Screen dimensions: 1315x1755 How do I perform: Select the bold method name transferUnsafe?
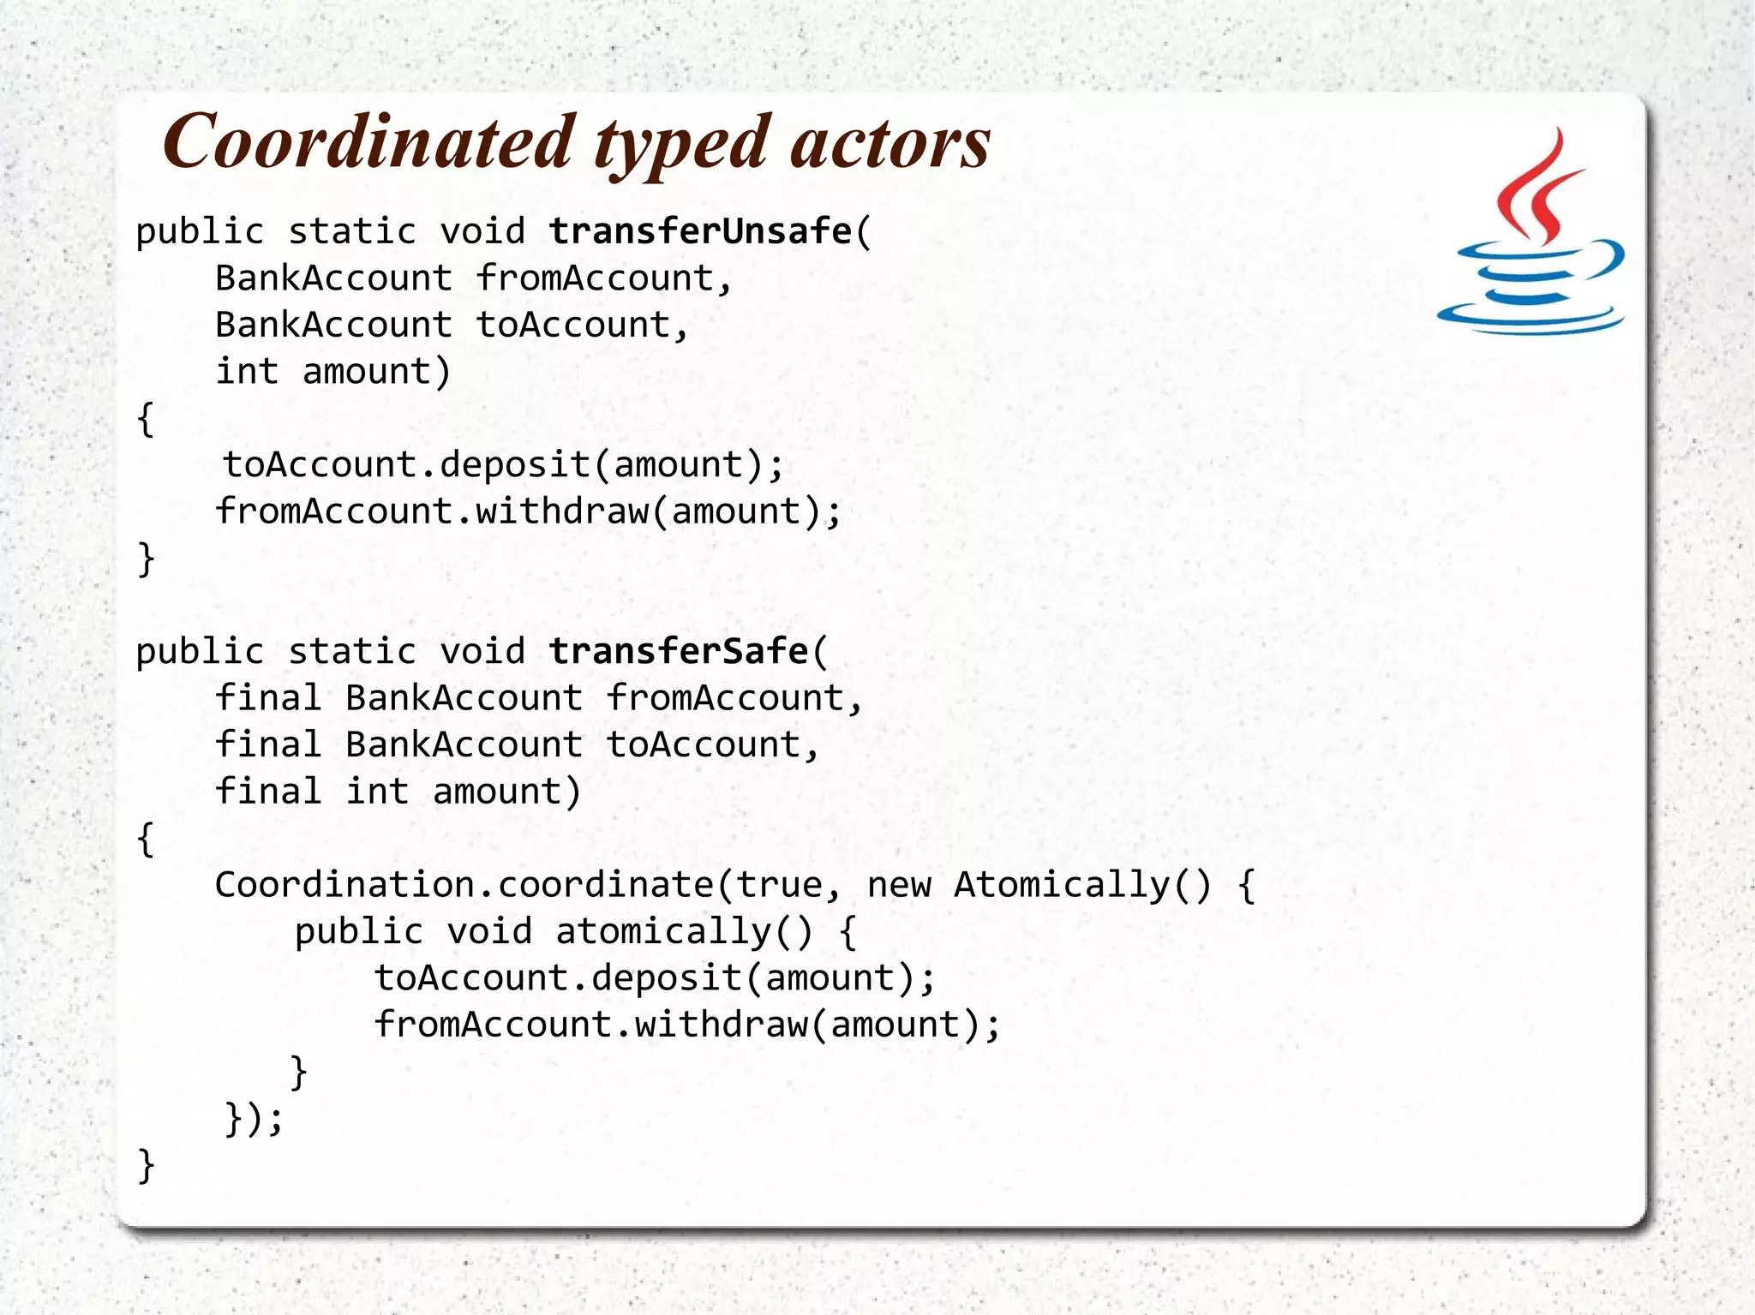700,231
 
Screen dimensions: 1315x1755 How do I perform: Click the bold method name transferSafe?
678,651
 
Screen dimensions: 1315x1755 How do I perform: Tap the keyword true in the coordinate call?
780,884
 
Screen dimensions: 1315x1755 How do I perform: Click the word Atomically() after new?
1083,884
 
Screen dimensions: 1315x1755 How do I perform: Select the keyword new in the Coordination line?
898,884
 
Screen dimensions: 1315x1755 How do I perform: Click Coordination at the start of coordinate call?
344,884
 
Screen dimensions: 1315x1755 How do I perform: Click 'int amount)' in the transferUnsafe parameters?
332,372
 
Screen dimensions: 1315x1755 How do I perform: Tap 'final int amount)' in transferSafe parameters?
398,792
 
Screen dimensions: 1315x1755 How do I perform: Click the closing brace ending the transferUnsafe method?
146,559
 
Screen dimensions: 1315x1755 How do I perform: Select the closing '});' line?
253,1118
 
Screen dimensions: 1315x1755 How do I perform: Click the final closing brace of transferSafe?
146,1165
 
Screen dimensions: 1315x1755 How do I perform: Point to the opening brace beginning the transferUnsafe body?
146,419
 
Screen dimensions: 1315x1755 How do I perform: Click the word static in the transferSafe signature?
351,651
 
